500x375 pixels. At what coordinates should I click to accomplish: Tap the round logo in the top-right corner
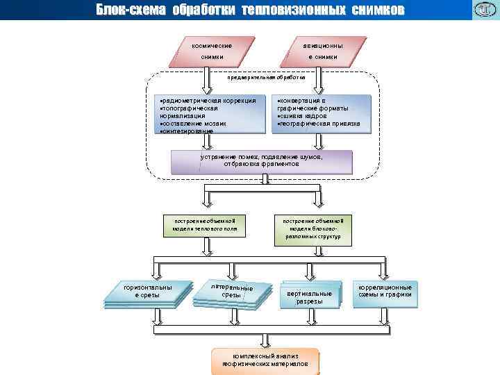point(483,10)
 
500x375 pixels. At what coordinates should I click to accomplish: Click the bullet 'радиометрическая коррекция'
point(208,101)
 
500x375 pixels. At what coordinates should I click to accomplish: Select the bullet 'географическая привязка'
point(319,124)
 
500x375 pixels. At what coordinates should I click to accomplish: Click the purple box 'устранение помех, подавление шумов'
point(262,161)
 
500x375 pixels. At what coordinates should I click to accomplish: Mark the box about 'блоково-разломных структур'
point(317,228)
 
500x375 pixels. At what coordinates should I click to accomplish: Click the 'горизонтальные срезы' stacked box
point(147,292)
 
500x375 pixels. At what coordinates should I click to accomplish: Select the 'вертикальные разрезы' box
point(310,297)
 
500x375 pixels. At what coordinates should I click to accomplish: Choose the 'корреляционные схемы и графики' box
point(385,291)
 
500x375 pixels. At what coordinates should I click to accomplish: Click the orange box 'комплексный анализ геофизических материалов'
point(265,359)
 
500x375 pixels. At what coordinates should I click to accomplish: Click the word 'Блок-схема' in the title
point(131,10)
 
